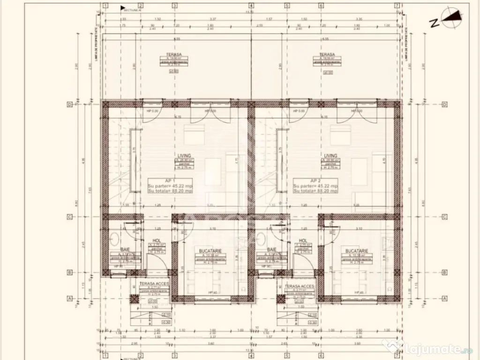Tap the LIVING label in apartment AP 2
pos(330,155)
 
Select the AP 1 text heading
pos(169,180)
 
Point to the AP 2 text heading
pos(315,180)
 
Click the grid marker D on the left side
pos(69,105)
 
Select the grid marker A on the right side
pos(444,298)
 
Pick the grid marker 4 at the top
pos(251,6)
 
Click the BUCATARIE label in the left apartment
pos(207,251)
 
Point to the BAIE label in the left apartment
pos(125,249)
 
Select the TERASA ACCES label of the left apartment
pos(154,284)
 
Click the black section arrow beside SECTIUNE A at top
pos(123,8)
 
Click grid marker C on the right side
pos(444,217)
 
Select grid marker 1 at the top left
pos(106,6)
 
